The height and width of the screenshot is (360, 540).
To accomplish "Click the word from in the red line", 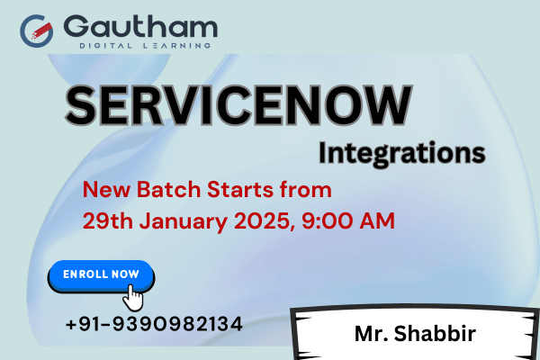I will pyautogui.click(x=307, y=190).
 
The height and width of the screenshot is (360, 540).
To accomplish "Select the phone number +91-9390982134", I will pyautogui.click(x=154, y=322).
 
